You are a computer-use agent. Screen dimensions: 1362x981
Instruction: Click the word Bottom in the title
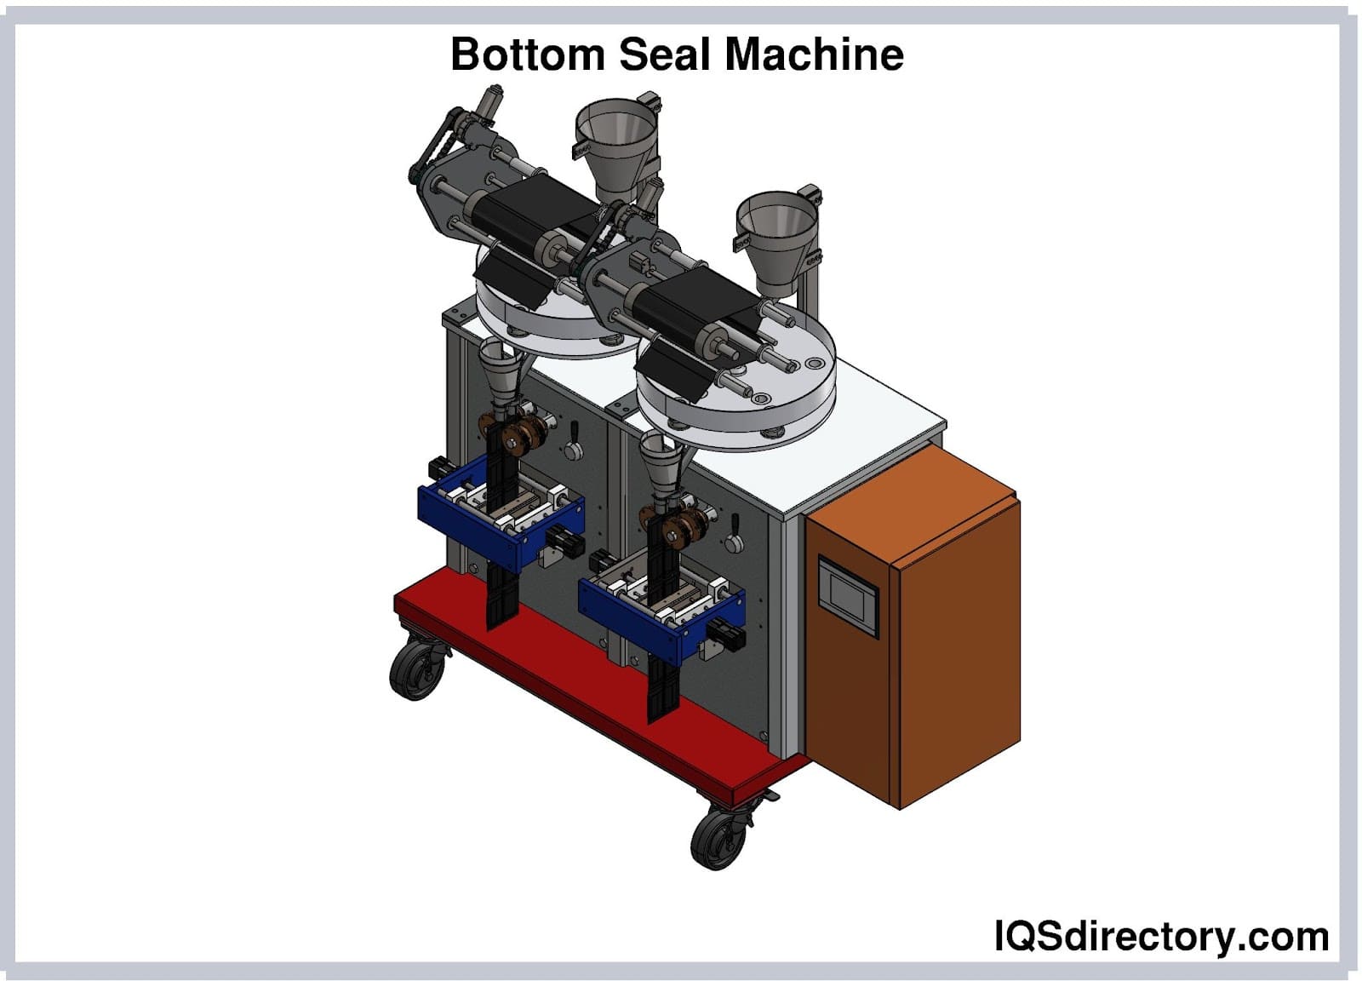click(527, 54)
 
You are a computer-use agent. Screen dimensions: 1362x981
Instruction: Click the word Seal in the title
click(665, 54)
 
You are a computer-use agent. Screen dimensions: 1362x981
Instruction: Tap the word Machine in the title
click(814, 54)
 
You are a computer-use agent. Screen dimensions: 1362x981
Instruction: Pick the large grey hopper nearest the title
click(615, 146)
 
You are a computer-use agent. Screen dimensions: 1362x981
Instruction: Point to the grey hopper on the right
click(776, 244)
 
